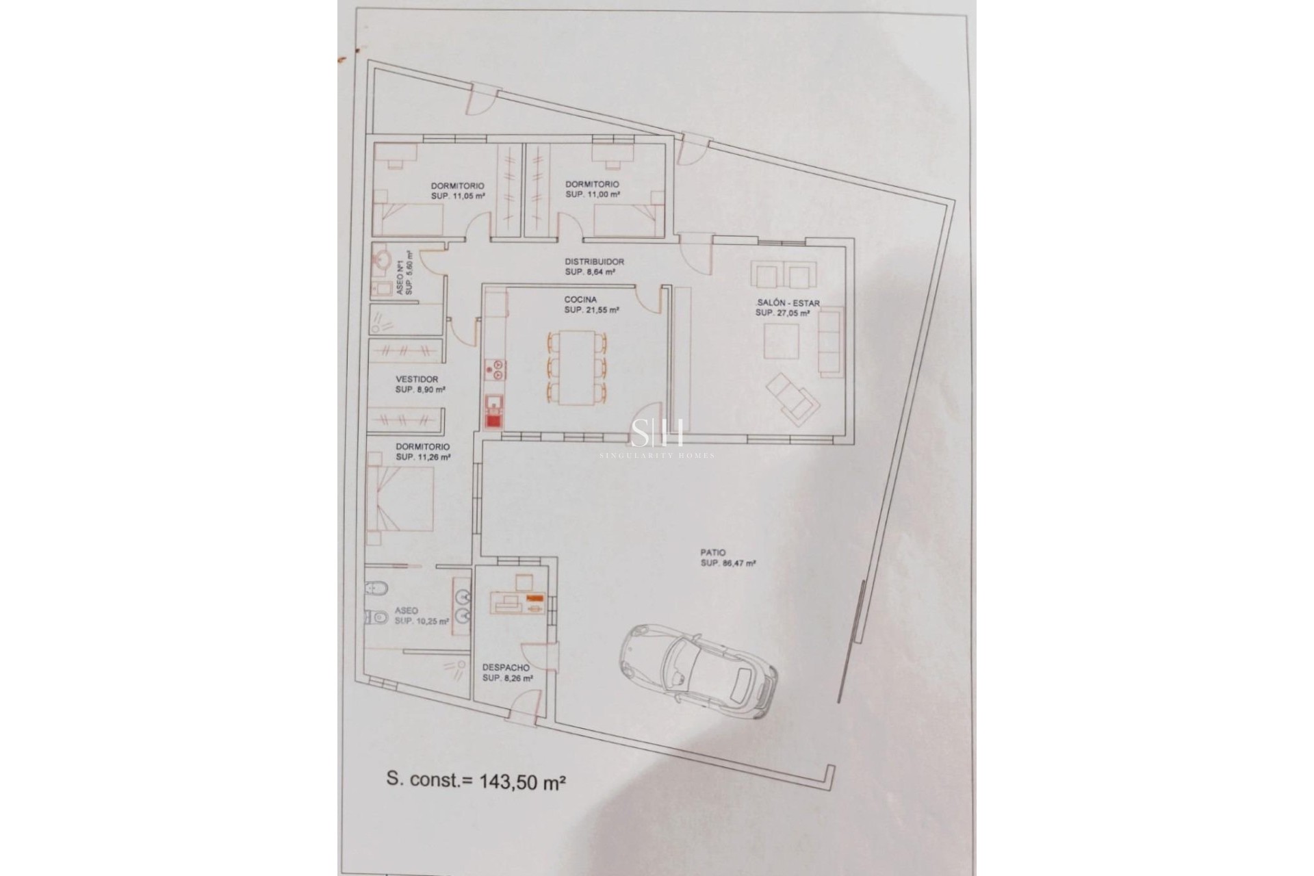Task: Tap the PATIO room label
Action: click(712, 552)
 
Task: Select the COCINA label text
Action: click(580, 299)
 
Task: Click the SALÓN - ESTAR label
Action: click(788, 303)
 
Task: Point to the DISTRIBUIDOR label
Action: click(594, 261)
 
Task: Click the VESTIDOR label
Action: click(417, 379)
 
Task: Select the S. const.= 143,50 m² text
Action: click(475, 799)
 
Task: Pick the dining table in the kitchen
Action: click(577, 368)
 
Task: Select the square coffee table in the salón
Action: click(781, 342)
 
